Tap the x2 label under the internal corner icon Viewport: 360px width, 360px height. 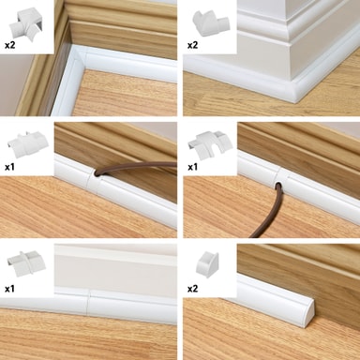[9, 45]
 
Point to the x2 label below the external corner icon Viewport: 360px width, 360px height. [192, 45]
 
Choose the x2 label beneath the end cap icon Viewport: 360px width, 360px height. [192, 289]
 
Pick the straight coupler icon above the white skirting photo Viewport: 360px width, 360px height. [26, 262]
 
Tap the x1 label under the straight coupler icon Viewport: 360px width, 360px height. [9, 289]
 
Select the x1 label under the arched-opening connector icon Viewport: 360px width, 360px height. [192, 167]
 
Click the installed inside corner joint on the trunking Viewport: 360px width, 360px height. [77, 58]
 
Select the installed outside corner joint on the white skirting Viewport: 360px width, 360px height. [293, 87]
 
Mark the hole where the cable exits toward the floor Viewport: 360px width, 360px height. [278, 186]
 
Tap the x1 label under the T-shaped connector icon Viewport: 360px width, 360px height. [9, 167]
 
